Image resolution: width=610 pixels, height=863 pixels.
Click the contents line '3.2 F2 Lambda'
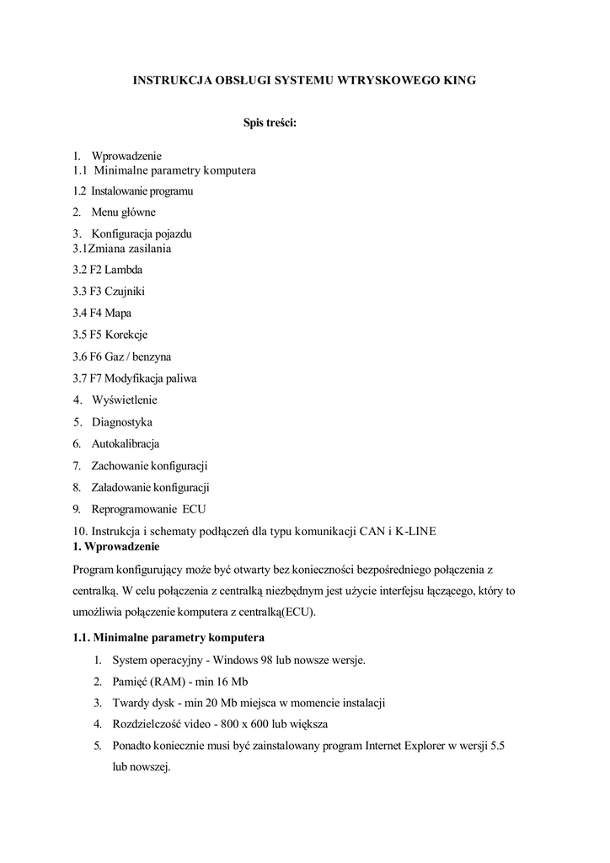(108, 271)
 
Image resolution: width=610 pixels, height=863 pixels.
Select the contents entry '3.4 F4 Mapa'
(102, 313)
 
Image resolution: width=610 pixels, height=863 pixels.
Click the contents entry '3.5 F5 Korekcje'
(110, 335)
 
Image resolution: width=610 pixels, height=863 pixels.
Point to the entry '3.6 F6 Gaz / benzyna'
(122, 356)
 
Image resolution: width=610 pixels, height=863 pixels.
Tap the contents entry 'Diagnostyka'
(121, 421)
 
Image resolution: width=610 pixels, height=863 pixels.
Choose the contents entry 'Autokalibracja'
(125, 443)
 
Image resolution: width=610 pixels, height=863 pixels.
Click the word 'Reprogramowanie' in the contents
(134, 509)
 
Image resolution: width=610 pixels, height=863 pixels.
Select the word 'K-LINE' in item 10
(414, 530)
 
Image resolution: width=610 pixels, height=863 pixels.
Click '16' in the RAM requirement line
(220, 681)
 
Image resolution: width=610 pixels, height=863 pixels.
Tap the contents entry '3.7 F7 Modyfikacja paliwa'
(135, 378)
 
